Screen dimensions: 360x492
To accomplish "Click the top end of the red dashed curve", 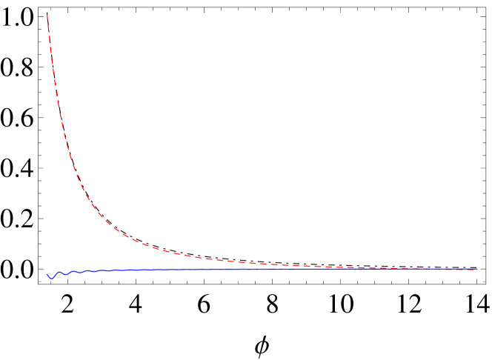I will (x=47, y=15).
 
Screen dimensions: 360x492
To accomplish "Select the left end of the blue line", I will (x=47, y=274).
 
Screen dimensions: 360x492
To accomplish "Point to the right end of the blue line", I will (x=476, y=269).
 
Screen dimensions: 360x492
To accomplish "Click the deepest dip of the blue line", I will (x=51, y=279).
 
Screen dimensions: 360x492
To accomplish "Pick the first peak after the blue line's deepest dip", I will (x=59, y=272).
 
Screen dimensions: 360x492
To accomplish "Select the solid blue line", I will (x=222, y=270).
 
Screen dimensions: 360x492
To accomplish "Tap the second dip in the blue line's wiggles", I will (x=65, y=275).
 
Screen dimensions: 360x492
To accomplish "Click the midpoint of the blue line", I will (x=262, y=270).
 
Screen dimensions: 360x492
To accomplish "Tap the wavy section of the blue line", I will (x=67, y=273).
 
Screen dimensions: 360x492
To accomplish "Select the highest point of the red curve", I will (x=47, y=15).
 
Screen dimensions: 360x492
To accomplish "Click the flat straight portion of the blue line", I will (x=333, y=269).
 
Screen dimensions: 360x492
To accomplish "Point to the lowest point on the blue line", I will (x=51, y=279).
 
